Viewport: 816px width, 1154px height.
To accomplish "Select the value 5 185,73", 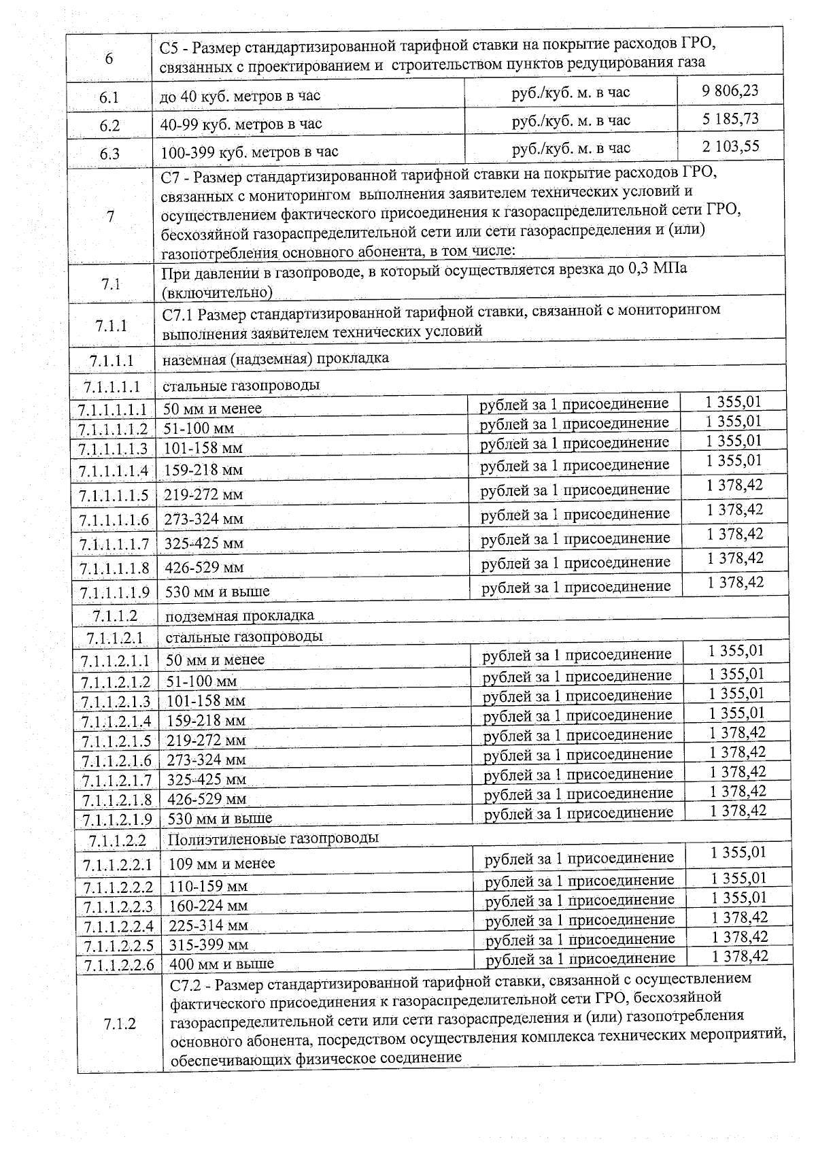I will (730, 119).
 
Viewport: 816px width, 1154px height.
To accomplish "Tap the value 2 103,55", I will (731, 146).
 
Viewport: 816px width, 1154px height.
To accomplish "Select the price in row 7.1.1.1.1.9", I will (735, 583).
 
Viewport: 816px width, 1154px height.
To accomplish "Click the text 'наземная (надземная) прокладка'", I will (275, 358).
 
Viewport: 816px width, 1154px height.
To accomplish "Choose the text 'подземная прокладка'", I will (240, 616).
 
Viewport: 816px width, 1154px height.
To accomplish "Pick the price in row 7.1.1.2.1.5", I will (738, 732).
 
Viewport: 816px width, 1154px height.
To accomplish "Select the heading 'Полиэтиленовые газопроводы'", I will (273, 838).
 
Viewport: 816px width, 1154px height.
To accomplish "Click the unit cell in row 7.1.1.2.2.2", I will (579, 881).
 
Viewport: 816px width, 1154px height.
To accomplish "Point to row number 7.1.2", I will (120, 1024).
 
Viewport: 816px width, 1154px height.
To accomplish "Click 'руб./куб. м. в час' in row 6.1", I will (571, 92).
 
